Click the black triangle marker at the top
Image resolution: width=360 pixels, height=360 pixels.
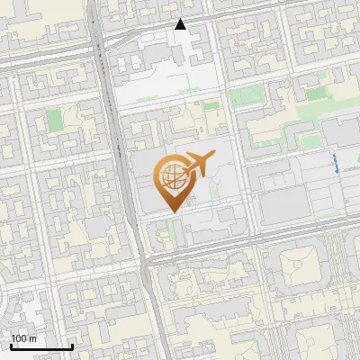pos(181,24)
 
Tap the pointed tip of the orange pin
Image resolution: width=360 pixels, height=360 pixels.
pos(172,211)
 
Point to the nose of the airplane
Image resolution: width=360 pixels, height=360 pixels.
pos(214,157)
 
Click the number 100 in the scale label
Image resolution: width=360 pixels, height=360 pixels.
pos(20,338)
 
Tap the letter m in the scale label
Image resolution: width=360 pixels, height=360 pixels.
pos(33,338)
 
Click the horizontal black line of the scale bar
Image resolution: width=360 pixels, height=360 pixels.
pos(41,346)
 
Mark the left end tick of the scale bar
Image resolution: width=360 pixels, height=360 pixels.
pos(11,345)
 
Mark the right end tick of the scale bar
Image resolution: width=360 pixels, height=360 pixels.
pos(72,345)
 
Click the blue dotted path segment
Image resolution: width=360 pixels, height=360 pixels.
pos(336,163)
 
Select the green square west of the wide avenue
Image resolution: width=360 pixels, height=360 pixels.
pos(55,120)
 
